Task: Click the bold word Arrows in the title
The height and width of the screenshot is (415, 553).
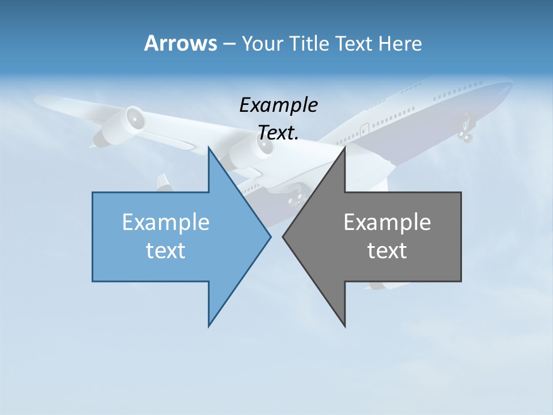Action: (180, 43)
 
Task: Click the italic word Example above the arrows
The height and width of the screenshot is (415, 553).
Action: (278, 105)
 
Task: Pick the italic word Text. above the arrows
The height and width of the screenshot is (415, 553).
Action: (278, 133)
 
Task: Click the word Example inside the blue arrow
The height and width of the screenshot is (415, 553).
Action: (166, 222)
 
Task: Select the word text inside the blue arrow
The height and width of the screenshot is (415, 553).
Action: (166, 250)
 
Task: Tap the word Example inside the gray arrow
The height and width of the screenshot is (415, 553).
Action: (387, 222)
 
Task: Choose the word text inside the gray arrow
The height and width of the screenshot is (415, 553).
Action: (387, 250)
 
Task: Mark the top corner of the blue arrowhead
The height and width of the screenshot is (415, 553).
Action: (209, 148)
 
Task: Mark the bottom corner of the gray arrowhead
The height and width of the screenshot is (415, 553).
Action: (344, 326)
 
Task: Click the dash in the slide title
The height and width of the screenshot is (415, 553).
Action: (229, 44)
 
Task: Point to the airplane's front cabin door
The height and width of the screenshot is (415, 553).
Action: (364, 129)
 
